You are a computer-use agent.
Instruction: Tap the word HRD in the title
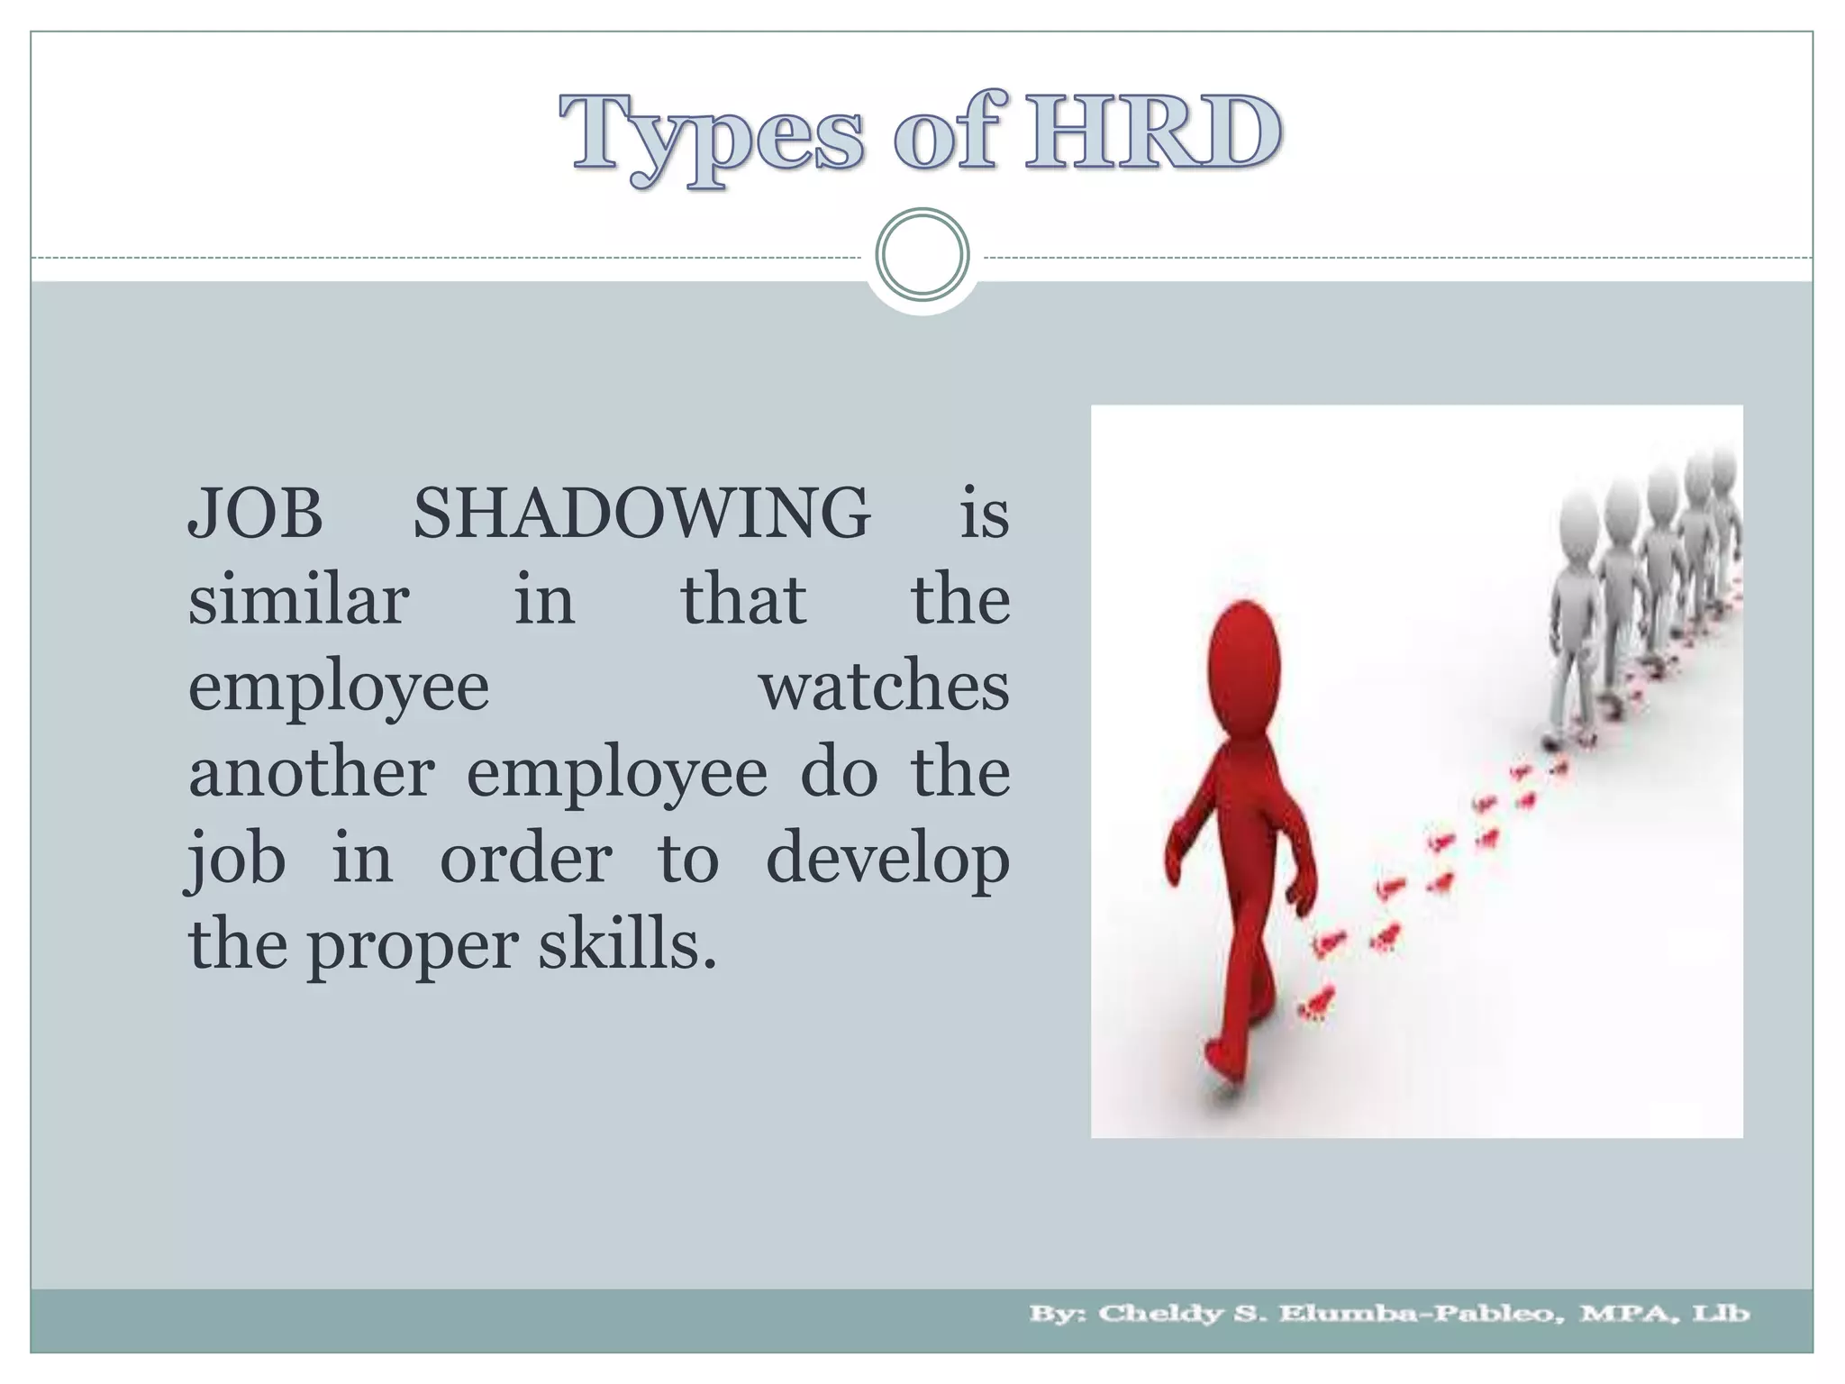click(x=1153, y=132)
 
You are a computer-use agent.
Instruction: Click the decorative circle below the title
click(x=922, y=254)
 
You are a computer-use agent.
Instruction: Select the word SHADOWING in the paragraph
click(x=641, y=514)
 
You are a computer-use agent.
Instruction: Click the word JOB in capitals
click(x=255, y=514)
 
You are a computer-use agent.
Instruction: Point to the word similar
click(x=298, y=600)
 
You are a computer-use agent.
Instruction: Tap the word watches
click(x=884, y=687)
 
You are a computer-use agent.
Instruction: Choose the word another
click(x=311, y=773)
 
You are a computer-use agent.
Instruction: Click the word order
click(x=525, y=860)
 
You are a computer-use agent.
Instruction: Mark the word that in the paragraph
click(x=742, y=600)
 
